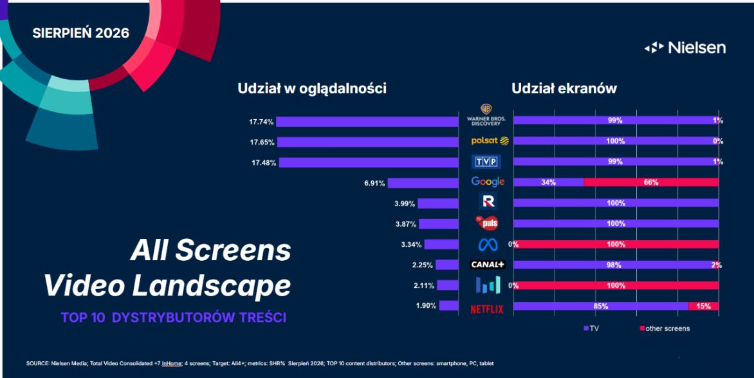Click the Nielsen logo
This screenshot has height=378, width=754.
(685, 48)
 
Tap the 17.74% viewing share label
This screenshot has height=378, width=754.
(261, 122)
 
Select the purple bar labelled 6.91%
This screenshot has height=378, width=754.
(423, 183)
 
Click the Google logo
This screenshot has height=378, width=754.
(488, 182)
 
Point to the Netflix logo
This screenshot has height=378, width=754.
(487, 309)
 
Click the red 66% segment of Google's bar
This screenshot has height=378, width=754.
(651, 182)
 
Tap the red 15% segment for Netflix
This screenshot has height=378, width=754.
(704, 307)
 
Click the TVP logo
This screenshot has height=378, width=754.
(486, 162)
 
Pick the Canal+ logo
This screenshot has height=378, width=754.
(488, 265)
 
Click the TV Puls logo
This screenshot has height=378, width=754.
(486, 223)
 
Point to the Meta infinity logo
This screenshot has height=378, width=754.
(488, 245)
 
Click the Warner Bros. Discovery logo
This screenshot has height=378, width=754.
(486, 115)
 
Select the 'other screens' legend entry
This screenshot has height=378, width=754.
(665, 328)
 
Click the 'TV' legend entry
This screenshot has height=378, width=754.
(591, 328)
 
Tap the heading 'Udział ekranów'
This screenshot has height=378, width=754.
(564, 89)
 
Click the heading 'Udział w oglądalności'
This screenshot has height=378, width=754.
(312, 90)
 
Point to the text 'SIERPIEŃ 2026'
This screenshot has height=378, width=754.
(81, 33)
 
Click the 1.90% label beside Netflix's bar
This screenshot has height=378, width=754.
(426, 307)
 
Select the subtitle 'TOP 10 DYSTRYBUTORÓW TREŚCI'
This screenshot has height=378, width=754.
(174, 318)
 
